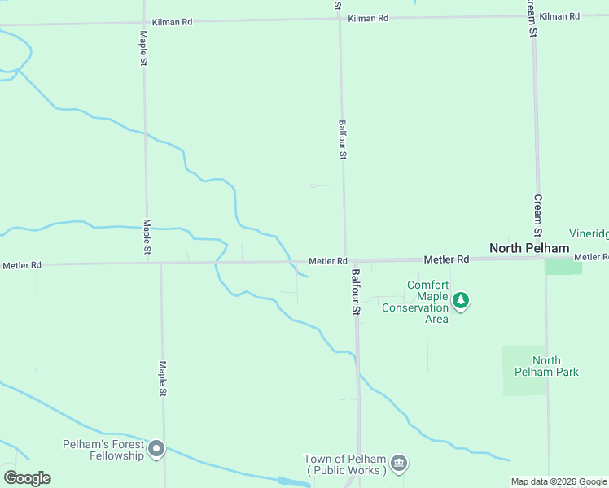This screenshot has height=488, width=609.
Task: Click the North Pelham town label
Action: pyautogui.click(x=528, y=247)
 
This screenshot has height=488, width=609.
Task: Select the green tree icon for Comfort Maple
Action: pyautogui.click(x=462, y=301)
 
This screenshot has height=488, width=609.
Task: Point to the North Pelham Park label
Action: pyautogui.click(x=546, y=366)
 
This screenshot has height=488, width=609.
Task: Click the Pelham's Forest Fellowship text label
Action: pyautogui.click(x=103, y=450)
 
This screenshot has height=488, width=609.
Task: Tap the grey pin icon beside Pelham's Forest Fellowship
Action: pyautogui.click(x=157, y=448)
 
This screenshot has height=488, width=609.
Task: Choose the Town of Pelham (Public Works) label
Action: pyautogui.click(x=344, y=464)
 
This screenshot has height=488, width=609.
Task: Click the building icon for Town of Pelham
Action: pyautogui.click(x=399, y=464)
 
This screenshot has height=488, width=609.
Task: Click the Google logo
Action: pyautogui.click(x=27, y=478)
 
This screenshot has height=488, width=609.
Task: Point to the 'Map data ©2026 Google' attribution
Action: pyautogui.click(x=559, y=481)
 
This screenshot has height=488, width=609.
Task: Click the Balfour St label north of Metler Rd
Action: pyautogui.click(x=343, y=140)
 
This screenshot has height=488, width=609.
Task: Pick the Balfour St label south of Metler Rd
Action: pyautogui.click(x=356, y=292)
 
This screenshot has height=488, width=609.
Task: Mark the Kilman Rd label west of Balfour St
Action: pyautogui.click(x=171, y=21)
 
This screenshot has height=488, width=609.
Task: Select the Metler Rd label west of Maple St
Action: pyautogui.click(x=21, y=265)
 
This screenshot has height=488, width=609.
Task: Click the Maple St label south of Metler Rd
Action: pyautogui.click(x=163, y=379)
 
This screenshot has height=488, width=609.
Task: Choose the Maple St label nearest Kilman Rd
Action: pyautogui.click(x=144, y=50)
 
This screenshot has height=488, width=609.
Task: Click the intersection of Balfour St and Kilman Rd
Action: pyautogui.click(x=340, y=20)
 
